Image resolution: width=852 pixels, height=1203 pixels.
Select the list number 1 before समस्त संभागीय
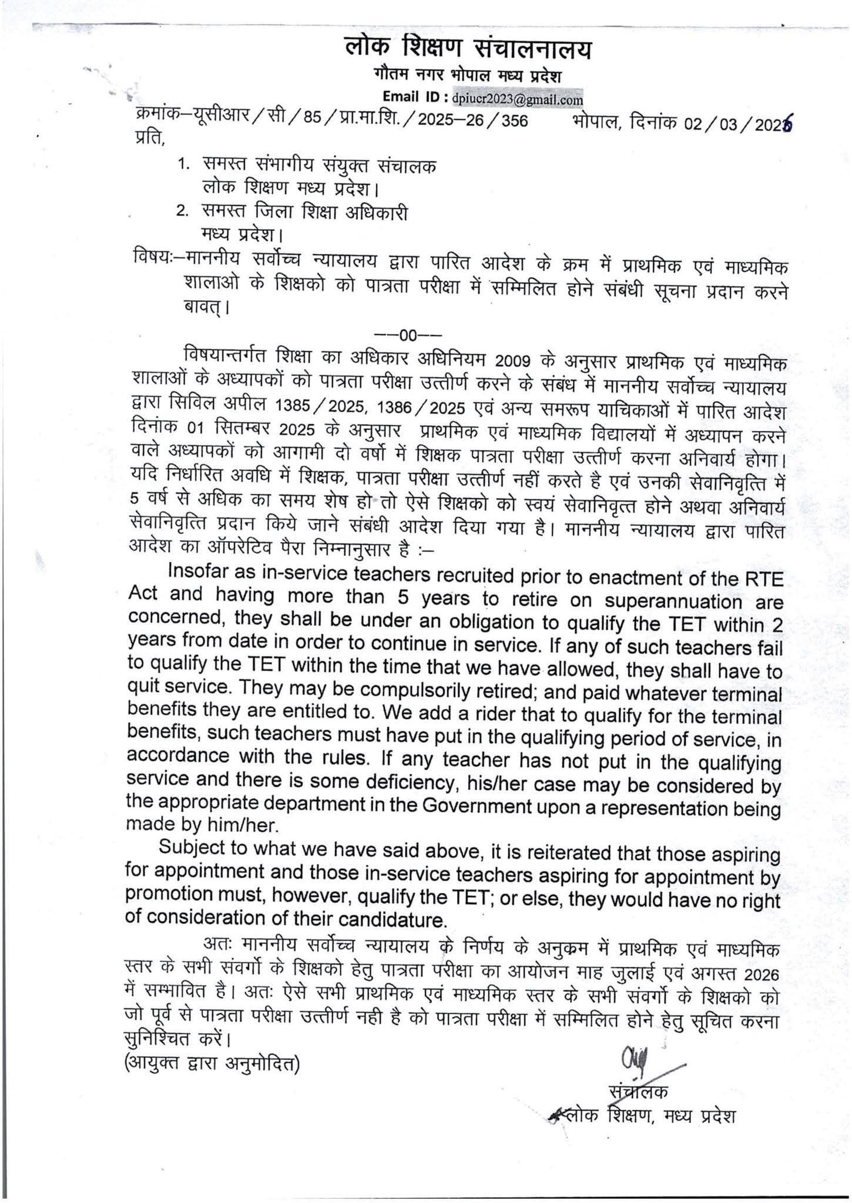click(183, 165)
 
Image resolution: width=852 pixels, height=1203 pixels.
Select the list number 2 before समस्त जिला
click(183, 211)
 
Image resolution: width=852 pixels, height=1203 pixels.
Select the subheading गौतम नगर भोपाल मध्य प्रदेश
click(468, 77)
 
